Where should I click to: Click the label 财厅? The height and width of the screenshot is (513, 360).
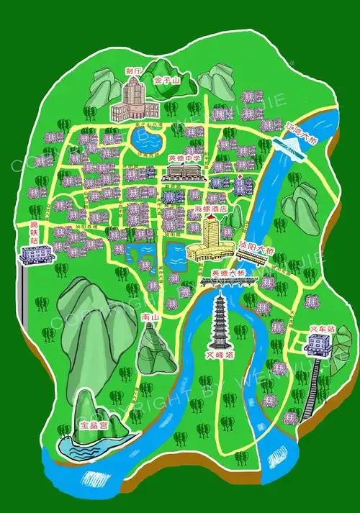pos(133,71)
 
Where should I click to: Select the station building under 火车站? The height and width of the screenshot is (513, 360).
pos(316,348)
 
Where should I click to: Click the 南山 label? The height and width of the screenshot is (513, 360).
pos(150,317)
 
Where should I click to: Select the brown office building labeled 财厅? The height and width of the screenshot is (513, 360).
pos(133,101)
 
